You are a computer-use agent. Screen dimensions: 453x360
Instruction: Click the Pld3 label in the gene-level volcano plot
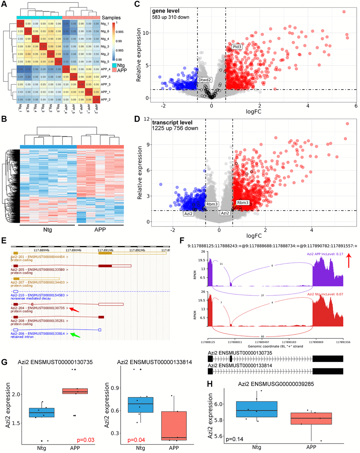(x=236, y=47)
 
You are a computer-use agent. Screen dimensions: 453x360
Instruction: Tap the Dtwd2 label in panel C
(x=204, y=80)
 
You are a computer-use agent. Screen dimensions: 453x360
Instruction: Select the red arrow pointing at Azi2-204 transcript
(x=74, y=309)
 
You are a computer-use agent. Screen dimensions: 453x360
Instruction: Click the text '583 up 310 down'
(x=171, y=17)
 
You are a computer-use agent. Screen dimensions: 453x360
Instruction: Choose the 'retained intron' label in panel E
(x=22, y=337)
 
